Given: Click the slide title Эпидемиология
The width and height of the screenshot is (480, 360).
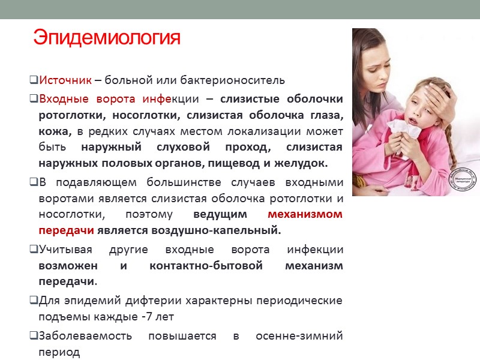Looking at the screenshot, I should pyautogui.click(x=107, y=38).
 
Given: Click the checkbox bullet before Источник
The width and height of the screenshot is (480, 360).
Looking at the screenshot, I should pyautogui.click(x=34, y=80).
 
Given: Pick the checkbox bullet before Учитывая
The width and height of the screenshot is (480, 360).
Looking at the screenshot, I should pyautogui.click(x=34, y=249).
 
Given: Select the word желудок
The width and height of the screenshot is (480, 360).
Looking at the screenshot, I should pyautogui.click(x=305, y=163).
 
